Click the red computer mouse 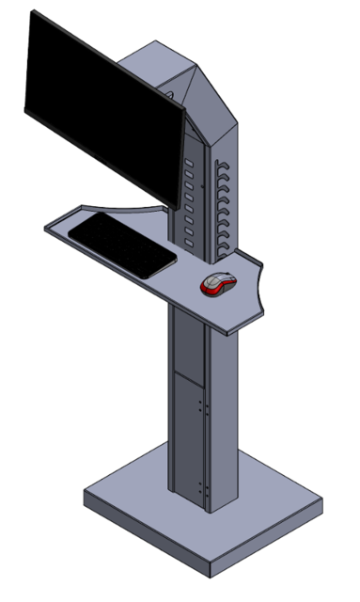pos(218,284)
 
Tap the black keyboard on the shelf pos(122,244)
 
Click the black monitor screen pos(103,103)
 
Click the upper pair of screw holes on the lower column pos(203,406)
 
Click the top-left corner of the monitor pos(34,13)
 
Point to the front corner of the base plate pos(212,572)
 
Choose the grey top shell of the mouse pos(221,279)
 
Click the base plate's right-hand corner pos(321,502)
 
